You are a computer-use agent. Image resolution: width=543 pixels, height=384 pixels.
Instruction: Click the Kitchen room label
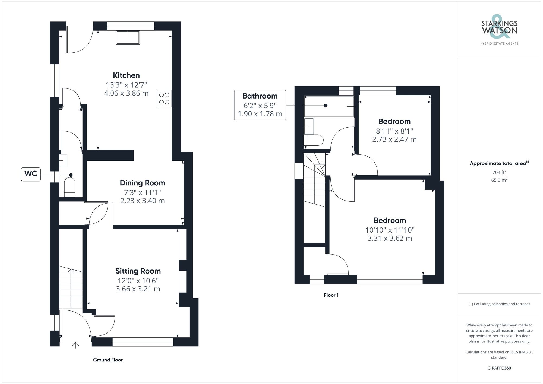pos(126,75)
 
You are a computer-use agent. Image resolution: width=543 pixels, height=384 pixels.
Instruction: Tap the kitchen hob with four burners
pos(164,99)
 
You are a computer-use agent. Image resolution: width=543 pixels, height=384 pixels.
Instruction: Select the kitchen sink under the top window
pos(128,37)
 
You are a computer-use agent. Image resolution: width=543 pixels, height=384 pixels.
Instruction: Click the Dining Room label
pos(142,183)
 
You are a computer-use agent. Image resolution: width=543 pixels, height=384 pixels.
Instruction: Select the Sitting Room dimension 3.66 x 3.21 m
pos(138,289)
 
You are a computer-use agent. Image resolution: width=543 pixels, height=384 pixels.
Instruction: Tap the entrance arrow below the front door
pos(75,345)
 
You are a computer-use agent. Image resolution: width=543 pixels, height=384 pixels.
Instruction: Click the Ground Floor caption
pos(108,360)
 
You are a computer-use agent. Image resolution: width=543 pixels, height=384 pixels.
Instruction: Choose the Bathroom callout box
pos(260,105)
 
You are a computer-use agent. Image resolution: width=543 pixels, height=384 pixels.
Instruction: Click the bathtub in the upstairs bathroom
pos(329,106)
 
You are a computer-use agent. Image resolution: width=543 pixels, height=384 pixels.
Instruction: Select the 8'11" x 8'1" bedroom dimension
pos(394,131)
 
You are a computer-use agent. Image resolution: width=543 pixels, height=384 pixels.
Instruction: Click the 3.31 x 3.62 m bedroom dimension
pos(390,238)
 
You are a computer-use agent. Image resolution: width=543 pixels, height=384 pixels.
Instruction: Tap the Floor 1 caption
pos(331,295)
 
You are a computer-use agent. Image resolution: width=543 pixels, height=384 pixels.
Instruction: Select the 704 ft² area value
pos(499,172)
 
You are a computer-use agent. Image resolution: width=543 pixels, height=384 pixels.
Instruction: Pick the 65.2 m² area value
pos(499,180)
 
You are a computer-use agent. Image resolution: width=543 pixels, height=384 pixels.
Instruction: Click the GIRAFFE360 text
pos(499,368)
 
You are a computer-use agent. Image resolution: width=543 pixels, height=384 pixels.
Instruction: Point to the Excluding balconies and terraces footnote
pos(499,304)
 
